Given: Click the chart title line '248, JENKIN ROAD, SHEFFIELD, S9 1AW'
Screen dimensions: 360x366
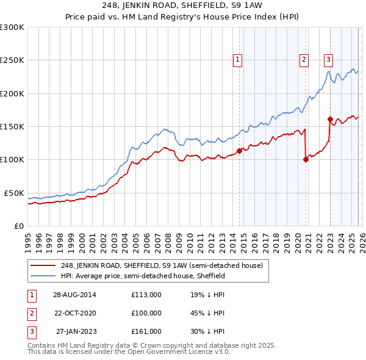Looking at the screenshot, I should click(183, 6).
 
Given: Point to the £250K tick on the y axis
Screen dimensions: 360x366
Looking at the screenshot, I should click(12, 60).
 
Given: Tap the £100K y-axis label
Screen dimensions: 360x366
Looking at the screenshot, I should click(12, 160).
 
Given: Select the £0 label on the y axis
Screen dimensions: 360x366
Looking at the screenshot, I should click(18, 226).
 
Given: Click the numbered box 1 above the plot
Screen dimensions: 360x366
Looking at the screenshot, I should click(237, 60).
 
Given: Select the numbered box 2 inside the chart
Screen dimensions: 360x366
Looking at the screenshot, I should click(304, 60).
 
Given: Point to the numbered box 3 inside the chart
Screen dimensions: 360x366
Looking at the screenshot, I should click(328, 60).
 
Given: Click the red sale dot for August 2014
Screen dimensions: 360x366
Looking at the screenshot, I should click(239, 151).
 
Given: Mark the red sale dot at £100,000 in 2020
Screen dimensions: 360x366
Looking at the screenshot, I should click(305, 160).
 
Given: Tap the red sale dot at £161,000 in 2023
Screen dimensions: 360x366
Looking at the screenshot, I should click(330, 120).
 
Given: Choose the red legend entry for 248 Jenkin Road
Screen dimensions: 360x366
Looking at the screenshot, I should click(162, 265).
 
